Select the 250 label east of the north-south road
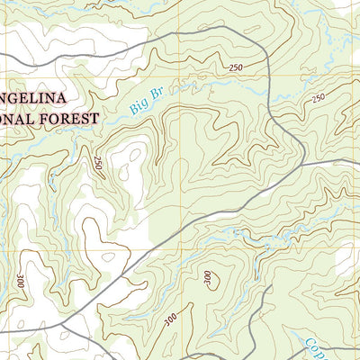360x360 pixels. coord(318,98)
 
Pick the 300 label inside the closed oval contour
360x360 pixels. coord(210,279)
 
